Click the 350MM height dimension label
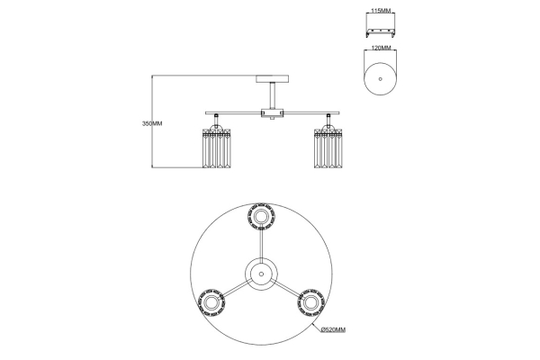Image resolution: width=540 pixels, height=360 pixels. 152,123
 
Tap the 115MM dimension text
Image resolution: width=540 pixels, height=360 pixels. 381,11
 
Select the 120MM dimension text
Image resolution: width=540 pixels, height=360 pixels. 381,48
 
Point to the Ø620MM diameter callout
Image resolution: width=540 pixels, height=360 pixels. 333,329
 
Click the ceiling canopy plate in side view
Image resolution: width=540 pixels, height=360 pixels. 272,79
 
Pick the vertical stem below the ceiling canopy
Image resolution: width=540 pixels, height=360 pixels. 273,95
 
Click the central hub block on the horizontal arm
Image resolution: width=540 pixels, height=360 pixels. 272,113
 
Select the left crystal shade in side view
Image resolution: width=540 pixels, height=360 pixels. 216,148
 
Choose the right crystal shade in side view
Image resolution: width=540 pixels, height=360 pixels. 328,148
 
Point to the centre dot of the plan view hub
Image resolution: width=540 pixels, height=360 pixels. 261,274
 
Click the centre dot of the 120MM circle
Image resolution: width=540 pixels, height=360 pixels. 380,79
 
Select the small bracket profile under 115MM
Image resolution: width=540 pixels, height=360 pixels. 381,32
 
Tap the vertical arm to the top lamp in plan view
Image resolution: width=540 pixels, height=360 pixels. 261,245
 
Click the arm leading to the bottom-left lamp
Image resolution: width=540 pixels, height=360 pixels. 235,289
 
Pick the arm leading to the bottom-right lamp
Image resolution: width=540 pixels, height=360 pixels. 288,289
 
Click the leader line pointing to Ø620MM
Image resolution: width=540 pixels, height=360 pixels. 316,328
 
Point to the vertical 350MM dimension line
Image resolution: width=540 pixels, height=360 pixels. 152,121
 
